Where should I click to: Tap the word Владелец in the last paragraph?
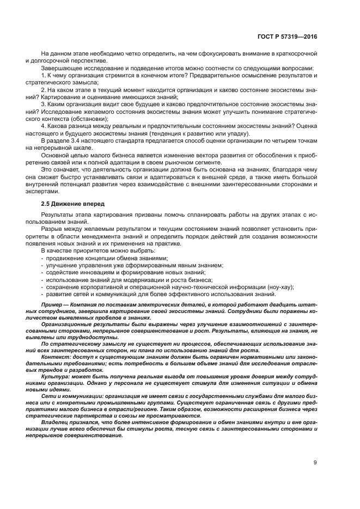(57, 421)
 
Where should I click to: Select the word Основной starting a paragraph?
(56, 155)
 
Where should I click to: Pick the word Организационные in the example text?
(68, 323)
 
